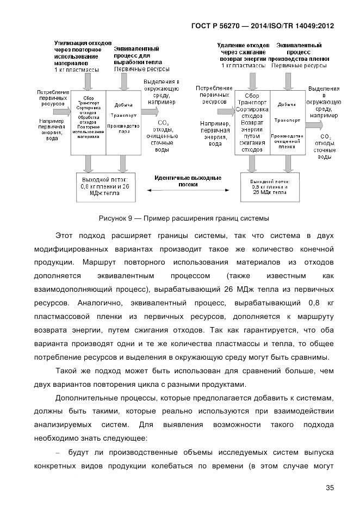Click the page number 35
coord(329,487)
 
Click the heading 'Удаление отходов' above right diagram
coord(243,45)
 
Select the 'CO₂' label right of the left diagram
coord(163,123)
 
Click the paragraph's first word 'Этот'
coord(65,236)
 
